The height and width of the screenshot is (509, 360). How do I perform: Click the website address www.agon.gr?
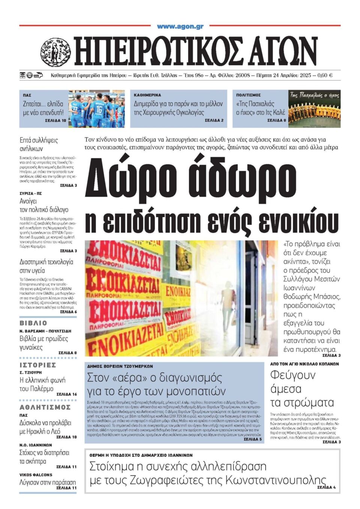pos(180,27)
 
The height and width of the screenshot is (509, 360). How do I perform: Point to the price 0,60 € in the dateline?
pos(325,75)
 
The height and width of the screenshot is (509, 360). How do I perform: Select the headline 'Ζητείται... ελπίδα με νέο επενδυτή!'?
pos(43,108)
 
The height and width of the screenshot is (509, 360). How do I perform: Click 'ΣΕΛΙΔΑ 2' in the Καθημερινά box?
pos(214,120)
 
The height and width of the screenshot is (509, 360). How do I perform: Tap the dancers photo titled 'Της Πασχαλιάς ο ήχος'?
pos(314,108)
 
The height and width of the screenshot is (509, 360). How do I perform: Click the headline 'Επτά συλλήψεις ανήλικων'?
pos(39,144)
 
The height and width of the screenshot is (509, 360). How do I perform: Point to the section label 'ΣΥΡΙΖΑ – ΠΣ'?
pos(31,194)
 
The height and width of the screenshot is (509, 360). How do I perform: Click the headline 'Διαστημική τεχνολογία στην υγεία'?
pos(46,266)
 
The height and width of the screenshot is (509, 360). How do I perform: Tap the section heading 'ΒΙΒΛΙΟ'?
pos(33,323)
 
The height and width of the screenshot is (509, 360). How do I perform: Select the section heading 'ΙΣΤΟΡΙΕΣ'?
pos(38,365)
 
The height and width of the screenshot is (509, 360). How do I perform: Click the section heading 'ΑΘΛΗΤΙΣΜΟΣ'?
pos(45,407)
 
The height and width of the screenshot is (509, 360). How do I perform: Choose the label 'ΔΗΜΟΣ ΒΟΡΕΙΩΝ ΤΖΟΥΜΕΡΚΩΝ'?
pos(120,366)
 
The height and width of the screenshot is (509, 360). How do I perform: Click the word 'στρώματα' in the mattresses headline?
pos(302,402)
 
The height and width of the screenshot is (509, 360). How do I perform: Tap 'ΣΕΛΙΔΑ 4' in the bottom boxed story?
pos(326,487)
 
